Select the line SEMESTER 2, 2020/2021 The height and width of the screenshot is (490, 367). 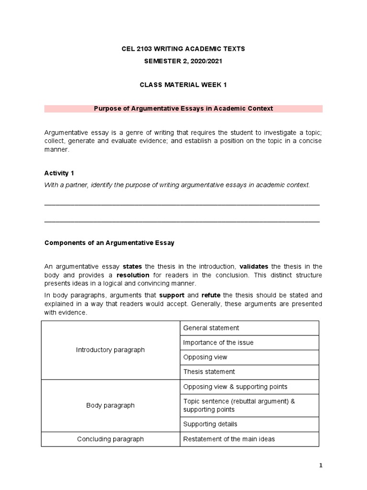tap(183, 61)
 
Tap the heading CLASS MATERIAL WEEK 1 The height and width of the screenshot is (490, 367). tap(183, 85)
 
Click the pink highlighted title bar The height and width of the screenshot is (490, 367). tap(183, 109)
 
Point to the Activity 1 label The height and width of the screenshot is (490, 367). tap(59, 173)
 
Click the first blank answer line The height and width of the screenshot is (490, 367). tap(182, 204)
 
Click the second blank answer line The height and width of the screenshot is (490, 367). tap(182, 222)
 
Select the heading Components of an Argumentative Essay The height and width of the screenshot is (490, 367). tap(109, 243)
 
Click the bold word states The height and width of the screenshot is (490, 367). tap(132, 267)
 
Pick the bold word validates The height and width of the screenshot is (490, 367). tap(254, 267)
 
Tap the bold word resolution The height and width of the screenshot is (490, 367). tap(133, 275)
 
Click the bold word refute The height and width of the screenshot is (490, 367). tap(211, 295)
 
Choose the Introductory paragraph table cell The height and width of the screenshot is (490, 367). tap(110, 350)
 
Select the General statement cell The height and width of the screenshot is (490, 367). tap(249, 328)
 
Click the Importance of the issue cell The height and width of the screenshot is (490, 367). tap(249, 343)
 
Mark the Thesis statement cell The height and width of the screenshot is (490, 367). tap(249, 372)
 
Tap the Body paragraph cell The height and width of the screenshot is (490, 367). tap(110, 405)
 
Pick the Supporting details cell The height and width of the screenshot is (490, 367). tap(249, 424)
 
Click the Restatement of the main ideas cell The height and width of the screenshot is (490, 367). tap(249, 439)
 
